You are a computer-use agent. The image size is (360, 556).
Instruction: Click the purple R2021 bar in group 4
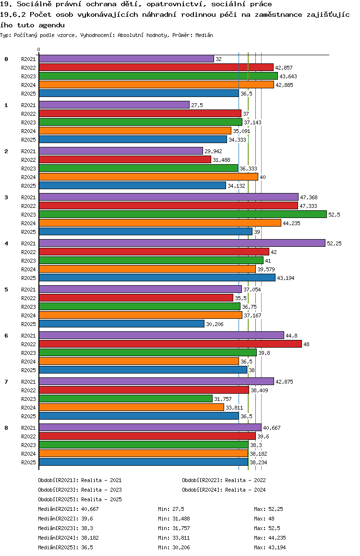click(x=182, y=243)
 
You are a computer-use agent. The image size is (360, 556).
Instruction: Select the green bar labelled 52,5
click(x=182, y=215)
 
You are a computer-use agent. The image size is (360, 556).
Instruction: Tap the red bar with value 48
click(x=170, y=344)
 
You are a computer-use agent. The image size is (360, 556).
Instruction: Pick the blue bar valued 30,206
click(x=121, y=324)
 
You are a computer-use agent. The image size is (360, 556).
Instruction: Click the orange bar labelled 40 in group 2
click(x=148, y=177)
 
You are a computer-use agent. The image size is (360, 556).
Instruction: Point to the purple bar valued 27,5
click(x=114, y=105)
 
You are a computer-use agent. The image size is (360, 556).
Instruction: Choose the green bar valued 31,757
click(x=125, y=399)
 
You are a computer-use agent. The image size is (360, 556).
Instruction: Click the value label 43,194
click(x=286, y=278)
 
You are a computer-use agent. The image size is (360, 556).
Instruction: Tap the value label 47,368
click(x=309, y=197)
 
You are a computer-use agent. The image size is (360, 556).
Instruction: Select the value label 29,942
click(x=214, y=151)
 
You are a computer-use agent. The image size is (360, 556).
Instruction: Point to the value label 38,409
click(x=260, y=390)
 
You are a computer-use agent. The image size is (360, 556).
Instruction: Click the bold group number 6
click(x=6, y=336)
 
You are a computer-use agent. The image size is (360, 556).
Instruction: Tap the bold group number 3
click(x=6, y=197)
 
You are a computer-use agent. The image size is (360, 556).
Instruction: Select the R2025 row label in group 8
click(x=29, y=462)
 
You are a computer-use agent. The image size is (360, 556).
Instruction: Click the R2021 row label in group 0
click(x=29, y=59)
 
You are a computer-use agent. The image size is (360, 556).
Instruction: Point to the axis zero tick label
click(x=39, y=49)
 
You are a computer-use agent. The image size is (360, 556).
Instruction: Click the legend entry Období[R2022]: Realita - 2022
click(x=224, y=480)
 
